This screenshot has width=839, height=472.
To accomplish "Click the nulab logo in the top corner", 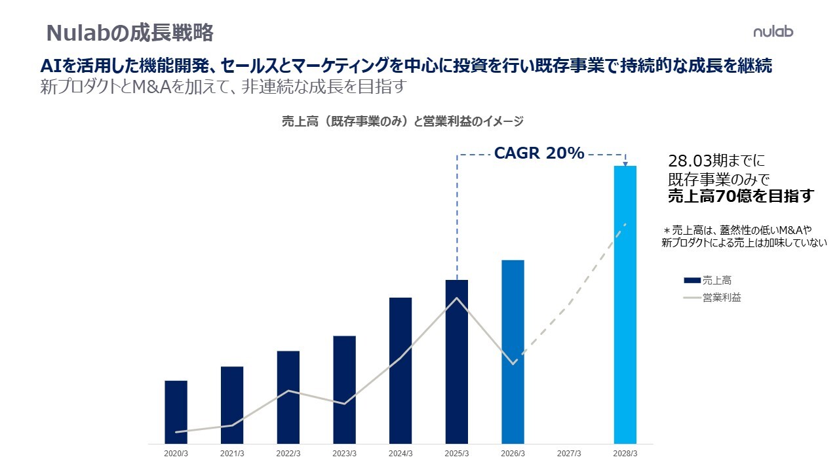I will (x=773, y=31).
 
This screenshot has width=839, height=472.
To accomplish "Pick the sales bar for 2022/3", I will (x=288, y=397).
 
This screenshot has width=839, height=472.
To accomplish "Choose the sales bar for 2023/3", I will (x=344, y=389).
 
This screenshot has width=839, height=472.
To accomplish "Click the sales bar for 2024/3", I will (x=400, y=370).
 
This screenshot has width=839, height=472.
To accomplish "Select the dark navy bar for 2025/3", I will (x=457, y=361).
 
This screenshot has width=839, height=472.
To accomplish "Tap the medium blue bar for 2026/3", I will (x=513, y=351).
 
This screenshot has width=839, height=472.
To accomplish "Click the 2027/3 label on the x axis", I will (x=569, y=454).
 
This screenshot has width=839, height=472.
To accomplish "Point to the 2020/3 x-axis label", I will (x=176, y=454).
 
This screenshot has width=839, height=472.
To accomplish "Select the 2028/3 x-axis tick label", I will (x=625, y=454).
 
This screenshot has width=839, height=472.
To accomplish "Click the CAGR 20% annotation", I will (x=539, y=153).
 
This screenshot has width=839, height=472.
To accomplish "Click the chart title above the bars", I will (x=402, y=121).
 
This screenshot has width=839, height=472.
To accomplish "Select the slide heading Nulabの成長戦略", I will (x=130, y=32).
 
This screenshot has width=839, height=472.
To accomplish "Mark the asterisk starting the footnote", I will (x=668, y=231).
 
